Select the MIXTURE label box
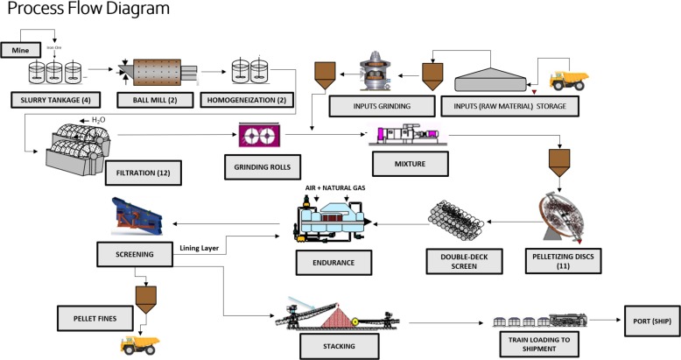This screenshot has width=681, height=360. point(410,161)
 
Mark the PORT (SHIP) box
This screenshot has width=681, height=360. point(649,315)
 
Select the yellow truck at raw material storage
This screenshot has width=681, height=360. point(567,81)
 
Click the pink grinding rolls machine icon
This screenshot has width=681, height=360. point(262,135)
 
